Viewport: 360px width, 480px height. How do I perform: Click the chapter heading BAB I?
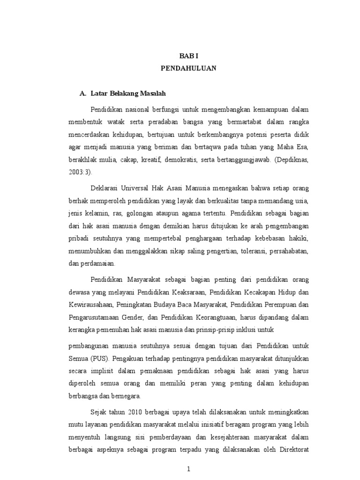(x=188, y=55)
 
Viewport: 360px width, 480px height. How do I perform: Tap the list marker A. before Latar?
(x=83, y=94)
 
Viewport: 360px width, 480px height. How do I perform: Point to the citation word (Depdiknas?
(x=291, y=159)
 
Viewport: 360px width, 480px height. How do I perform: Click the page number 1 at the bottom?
(x=188, y=469)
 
